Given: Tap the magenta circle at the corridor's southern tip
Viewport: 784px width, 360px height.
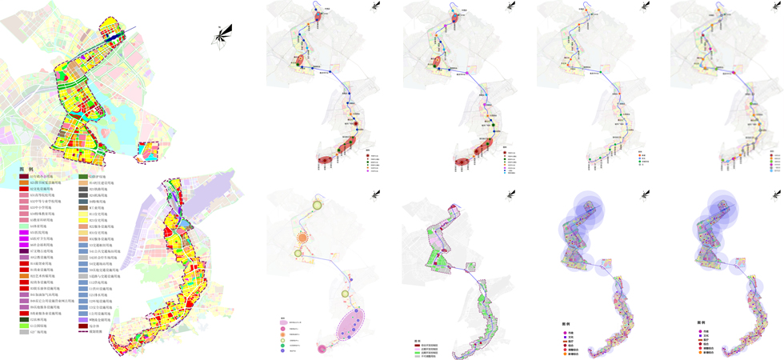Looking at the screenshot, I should click(322, 349).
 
